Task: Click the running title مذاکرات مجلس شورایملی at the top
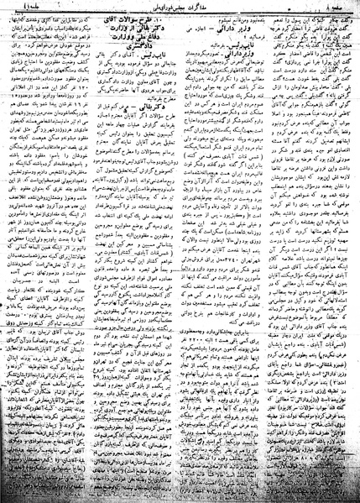(x=181, y=7)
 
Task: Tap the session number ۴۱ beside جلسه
(x=8, y=7)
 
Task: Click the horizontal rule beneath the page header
(x=180, y=13)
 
